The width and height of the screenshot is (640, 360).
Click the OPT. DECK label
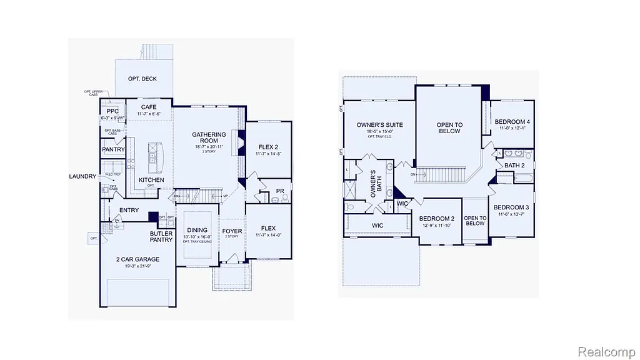point(142,79)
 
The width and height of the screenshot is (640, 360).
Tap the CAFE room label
point(149,107)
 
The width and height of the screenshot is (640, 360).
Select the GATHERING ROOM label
point(209,138)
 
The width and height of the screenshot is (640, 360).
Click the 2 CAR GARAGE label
point(137,259)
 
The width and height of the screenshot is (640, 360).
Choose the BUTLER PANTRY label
point(161,237)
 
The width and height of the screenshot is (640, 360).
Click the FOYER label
point(232,231)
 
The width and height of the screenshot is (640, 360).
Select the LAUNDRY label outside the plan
point(82,177)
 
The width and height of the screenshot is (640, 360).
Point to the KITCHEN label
point(151,180)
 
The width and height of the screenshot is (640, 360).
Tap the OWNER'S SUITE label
point(379,125)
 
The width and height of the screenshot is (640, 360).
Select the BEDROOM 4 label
point(512,122)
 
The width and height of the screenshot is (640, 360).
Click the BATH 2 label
point(514,166)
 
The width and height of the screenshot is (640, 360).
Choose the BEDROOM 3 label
point(511,207)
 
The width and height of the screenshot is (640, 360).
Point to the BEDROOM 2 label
point(437,219)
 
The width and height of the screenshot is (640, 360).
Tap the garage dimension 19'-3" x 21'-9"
point(137,266)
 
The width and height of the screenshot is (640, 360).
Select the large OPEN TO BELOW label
point(449,128)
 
